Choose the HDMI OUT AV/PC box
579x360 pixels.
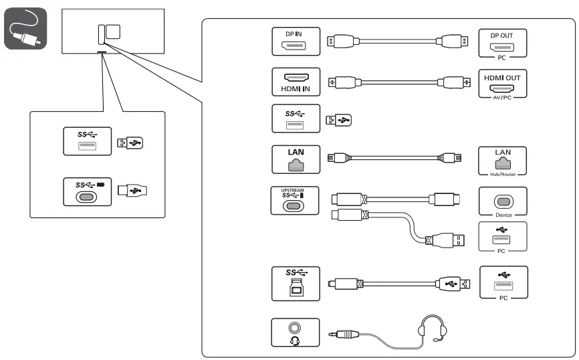coord(503,84)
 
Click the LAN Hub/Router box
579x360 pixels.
coord(503,161)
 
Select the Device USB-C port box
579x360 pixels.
coord(503,201)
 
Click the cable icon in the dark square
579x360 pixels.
coord(25,29)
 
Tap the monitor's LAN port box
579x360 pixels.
coord(296,159)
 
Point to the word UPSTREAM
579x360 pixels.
coord(292,191)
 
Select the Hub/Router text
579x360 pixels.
coord(503,173)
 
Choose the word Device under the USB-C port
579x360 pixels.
coord(503,215)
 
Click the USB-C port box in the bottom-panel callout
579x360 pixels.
coord(86,191)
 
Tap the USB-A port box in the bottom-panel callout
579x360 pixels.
coord(87,141)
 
